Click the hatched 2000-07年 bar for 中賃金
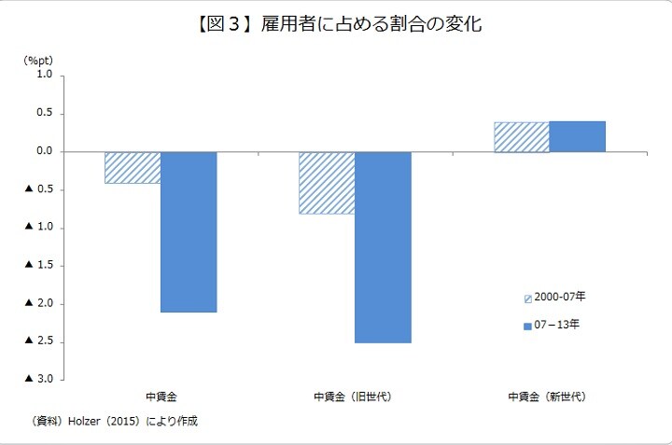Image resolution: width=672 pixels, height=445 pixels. (x=133, y=167)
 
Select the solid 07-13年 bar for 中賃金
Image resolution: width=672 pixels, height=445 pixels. (x=189, y=231)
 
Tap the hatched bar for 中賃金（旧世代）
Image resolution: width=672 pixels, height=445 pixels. (x=327, y=183)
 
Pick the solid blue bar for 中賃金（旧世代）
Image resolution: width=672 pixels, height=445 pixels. (x=383, y=247)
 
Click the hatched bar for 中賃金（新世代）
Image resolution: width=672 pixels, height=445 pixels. (x=521, y=136)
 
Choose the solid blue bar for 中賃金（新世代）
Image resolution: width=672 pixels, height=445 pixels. (x=577, y=136)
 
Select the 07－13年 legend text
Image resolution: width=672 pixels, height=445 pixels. (x=557, y=325)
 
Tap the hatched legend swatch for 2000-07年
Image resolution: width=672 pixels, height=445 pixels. (x=527, y=298)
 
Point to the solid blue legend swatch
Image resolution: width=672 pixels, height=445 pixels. (x=527, y=326)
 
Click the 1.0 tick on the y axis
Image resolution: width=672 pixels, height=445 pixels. (x=44, y=76)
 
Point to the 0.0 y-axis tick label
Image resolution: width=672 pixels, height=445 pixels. (x=44, y=151)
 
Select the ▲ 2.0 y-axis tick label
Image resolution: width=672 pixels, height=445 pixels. (x=38, y=303)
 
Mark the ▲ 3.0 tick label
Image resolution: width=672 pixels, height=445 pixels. (x=38, y=379)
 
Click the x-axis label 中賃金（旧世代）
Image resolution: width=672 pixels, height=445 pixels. (x=353, y=396)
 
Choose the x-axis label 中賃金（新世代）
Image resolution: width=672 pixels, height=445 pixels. (x=547, y=396)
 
